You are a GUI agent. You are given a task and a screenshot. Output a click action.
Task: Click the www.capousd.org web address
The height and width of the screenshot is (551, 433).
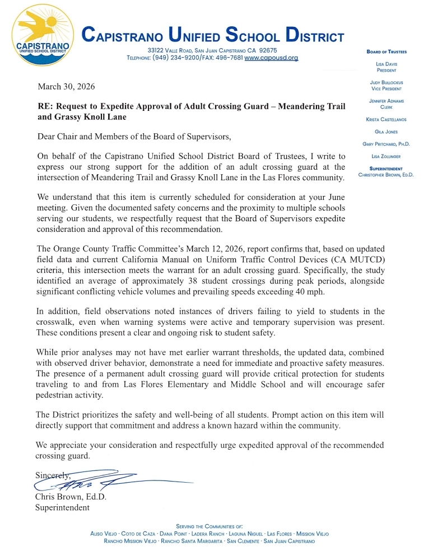pyautogui.click(x=271, y=58)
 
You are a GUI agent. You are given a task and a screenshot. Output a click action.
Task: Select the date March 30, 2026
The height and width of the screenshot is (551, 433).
pyautogui.click(x=66, y=87)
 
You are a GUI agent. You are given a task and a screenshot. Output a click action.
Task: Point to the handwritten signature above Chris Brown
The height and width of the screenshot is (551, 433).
pyautogui.click(x=106, y=480)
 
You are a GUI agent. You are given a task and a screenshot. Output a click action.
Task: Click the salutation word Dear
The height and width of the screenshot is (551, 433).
pyautogui.click(x=48, y=137)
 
